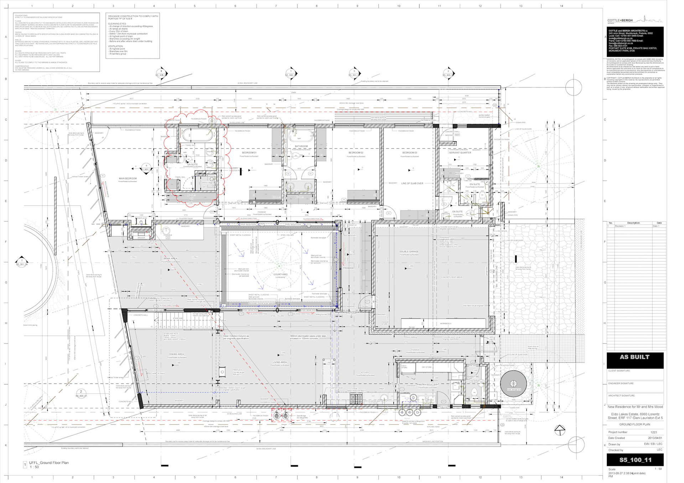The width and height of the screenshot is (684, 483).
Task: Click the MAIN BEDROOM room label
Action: [x=128, y=178]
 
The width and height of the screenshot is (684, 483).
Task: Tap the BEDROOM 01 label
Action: [x=249, y=152]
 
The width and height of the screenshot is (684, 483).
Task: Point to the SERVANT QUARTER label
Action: [x=460, y=152]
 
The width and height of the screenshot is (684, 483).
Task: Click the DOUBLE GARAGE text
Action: [x=409, y=251]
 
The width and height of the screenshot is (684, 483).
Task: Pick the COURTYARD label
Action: [x=280, y=274]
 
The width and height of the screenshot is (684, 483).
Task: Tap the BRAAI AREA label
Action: [x=170, y=259]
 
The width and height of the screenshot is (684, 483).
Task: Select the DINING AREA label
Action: [x=176, y=354]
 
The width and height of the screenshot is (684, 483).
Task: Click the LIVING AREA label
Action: [x=279, y=362]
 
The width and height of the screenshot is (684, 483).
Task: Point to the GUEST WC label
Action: [x=473, y=376]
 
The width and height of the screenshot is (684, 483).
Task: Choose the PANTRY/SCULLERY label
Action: [x=427, y=385]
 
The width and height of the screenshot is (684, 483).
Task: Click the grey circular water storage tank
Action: [x=513, y=384]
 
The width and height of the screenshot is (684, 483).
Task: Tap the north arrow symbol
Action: [x=560, y=430]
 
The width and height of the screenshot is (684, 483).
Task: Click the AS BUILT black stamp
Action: [x=634, y=357]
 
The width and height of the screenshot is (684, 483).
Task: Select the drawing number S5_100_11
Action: [x=635, y=460]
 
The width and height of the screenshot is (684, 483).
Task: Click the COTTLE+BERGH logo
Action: [x=620, y=20]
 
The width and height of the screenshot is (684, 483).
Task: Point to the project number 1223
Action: [x=653, y=432]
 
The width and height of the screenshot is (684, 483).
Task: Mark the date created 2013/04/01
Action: [x=655, y=438]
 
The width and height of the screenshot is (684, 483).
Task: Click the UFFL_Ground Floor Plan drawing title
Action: [x=49, y=463]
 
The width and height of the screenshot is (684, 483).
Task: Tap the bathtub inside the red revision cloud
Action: [x=198, y=135]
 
